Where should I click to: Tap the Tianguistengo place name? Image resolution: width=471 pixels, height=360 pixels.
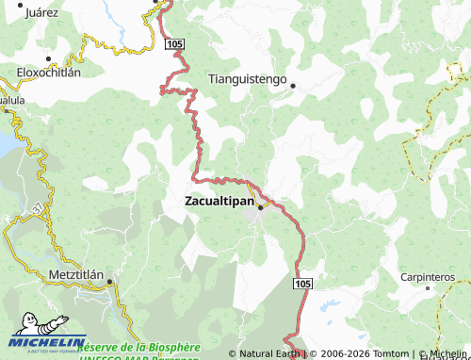pyautogui.click(x=247, y=80)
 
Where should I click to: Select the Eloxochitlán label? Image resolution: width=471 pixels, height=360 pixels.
pyautogui.click(x=49, y=72)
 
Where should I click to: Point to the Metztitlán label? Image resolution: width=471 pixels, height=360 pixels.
pyautogui.click(x=81, y=274)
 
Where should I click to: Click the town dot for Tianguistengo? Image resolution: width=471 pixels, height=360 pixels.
pyautogui.click(x=293, y=86)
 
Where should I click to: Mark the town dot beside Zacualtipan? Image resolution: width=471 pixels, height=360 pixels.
pyautogui.click(x=259, y=209)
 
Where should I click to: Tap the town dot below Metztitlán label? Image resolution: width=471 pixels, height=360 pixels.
pyautogui.click(x=109, y=281)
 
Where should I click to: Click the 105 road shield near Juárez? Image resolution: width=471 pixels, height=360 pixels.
pyautogui.click(x=172, y=44)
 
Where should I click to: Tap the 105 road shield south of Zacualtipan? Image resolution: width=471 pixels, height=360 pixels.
pyautogui.click(x=301, y=284)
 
